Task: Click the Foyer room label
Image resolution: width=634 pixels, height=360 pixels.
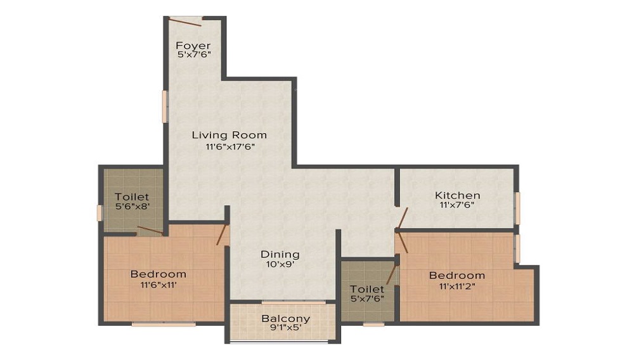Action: (x=193, y=46)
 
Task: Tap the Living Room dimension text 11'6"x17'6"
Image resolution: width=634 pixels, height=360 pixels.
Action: (x=229, y=147)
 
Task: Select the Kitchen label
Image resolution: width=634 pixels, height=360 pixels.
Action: (x=457, y=195)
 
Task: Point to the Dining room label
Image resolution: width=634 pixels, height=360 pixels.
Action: (x=280, y=254)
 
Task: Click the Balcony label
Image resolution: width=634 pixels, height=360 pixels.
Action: (x=285, y=319)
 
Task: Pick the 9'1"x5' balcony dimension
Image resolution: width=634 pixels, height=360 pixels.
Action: (x=285, y=329)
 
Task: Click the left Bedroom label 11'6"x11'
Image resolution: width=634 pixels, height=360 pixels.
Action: (x=158, y=274)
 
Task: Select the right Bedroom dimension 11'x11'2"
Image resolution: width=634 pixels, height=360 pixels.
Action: (x=456, y=286)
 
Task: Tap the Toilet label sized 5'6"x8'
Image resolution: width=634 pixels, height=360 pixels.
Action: (x=132, y=197)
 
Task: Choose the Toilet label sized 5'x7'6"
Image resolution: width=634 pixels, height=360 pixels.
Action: (x=367, y=289)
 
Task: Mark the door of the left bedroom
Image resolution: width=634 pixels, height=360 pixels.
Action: (x=222, y=234)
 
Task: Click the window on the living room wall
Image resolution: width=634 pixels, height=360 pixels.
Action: (x=164, y=106)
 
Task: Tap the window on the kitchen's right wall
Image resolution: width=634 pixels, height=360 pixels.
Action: (x=517, y=208)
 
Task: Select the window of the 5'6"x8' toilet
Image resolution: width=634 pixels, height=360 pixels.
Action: (x=99, y=213)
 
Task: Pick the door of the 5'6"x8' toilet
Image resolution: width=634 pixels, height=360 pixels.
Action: (x=150, y=229)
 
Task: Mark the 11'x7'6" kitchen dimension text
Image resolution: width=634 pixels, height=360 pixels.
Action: (x=457, y=205)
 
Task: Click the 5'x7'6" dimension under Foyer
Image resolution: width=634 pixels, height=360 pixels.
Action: (x=193, y=55)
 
